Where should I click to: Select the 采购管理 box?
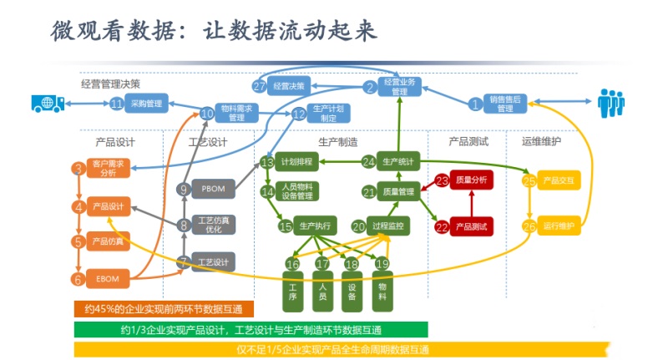[x=146, y=104]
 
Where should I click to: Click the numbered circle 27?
[x=259, y=86]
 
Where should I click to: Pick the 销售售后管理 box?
[x=505, y=104]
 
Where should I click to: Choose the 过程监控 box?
[x=389, y=226]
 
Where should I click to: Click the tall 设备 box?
[x=352, y=288]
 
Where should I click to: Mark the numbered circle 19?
[x=382, y=264]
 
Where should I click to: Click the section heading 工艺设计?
[x=208, y=142]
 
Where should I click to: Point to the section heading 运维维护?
[x=542, y=142]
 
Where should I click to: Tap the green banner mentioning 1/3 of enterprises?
[x=250, y=329]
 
